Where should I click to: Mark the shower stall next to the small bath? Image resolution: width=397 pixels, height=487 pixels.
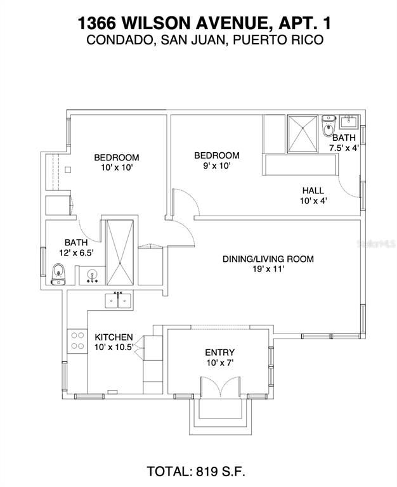(303, 133)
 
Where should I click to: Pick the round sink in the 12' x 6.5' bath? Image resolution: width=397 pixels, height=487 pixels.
(91, 276)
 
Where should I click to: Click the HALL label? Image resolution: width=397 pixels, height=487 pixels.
(313, 190)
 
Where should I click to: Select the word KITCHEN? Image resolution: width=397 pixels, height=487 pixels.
(114, 337)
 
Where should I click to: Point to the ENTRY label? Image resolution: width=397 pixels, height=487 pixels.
(219, 353)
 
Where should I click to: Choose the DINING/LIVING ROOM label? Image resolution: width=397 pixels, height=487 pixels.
(268, 259)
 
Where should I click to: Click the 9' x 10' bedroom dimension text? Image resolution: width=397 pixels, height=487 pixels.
(217, 166)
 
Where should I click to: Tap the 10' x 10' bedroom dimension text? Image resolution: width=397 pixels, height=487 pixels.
(117, 168)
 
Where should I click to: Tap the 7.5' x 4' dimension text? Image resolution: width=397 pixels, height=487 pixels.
(344, 148)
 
